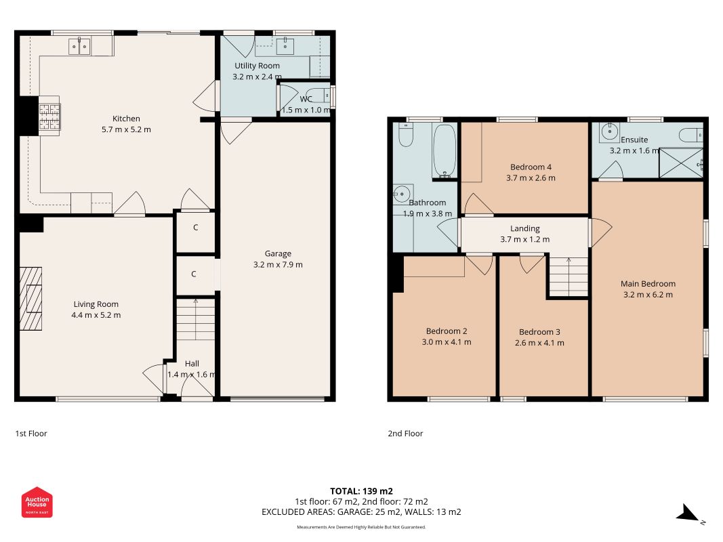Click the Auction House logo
tap(37, 502)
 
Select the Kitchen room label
tap(126, 119)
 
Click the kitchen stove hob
tap(49, 116)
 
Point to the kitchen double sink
tap(79, 46)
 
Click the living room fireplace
tap(31, 299)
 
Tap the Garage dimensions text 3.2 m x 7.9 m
tap(278, 264)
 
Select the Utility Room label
tap(257, 66)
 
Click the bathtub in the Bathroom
tap(445, 150)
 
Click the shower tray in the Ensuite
tap(681, 163)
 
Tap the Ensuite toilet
tap(690, 135)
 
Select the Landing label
tap(524, 228)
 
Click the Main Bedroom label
tap(648, 284)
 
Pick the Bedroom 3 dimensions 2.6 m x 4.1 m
tap(539, 343)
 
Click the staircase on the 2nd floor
tap(569, 276)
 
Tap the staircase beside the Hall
tap(196, 319)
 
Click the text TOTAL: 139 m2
tap(362, 491)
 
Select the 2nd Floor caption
tap(405, 433)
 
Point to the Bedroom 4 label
tap(531, 167)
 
